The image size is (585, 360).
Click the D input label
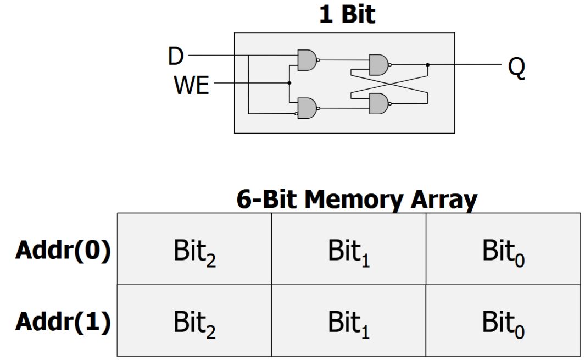176,56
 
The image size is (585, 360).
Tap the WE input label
192,85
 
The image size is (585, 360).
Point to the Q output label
516,67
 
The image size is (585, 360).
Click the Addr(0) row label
63,251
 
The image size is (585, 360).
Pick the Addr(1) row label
63,322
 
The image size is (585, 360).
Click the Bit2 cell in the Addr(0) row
194,252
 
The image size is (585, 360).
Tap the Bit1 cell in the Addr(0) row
349,252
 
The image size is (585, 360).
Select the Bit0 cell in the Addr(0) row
503,252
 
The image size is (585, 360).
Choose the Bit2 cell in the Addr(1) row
194,323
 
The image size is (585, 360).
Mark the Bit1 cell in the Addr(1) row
349,323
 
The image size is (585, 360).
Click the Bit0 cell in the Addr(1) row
503,323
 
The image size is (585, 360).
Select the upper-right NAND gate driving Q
378,65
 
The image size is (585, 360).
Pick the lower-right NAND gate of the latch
378,103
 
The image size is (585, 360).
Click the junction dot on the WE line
289,83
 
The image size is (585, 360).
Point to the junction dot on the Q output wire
428,65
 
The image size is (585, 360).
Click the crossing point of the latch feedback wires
389,84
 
